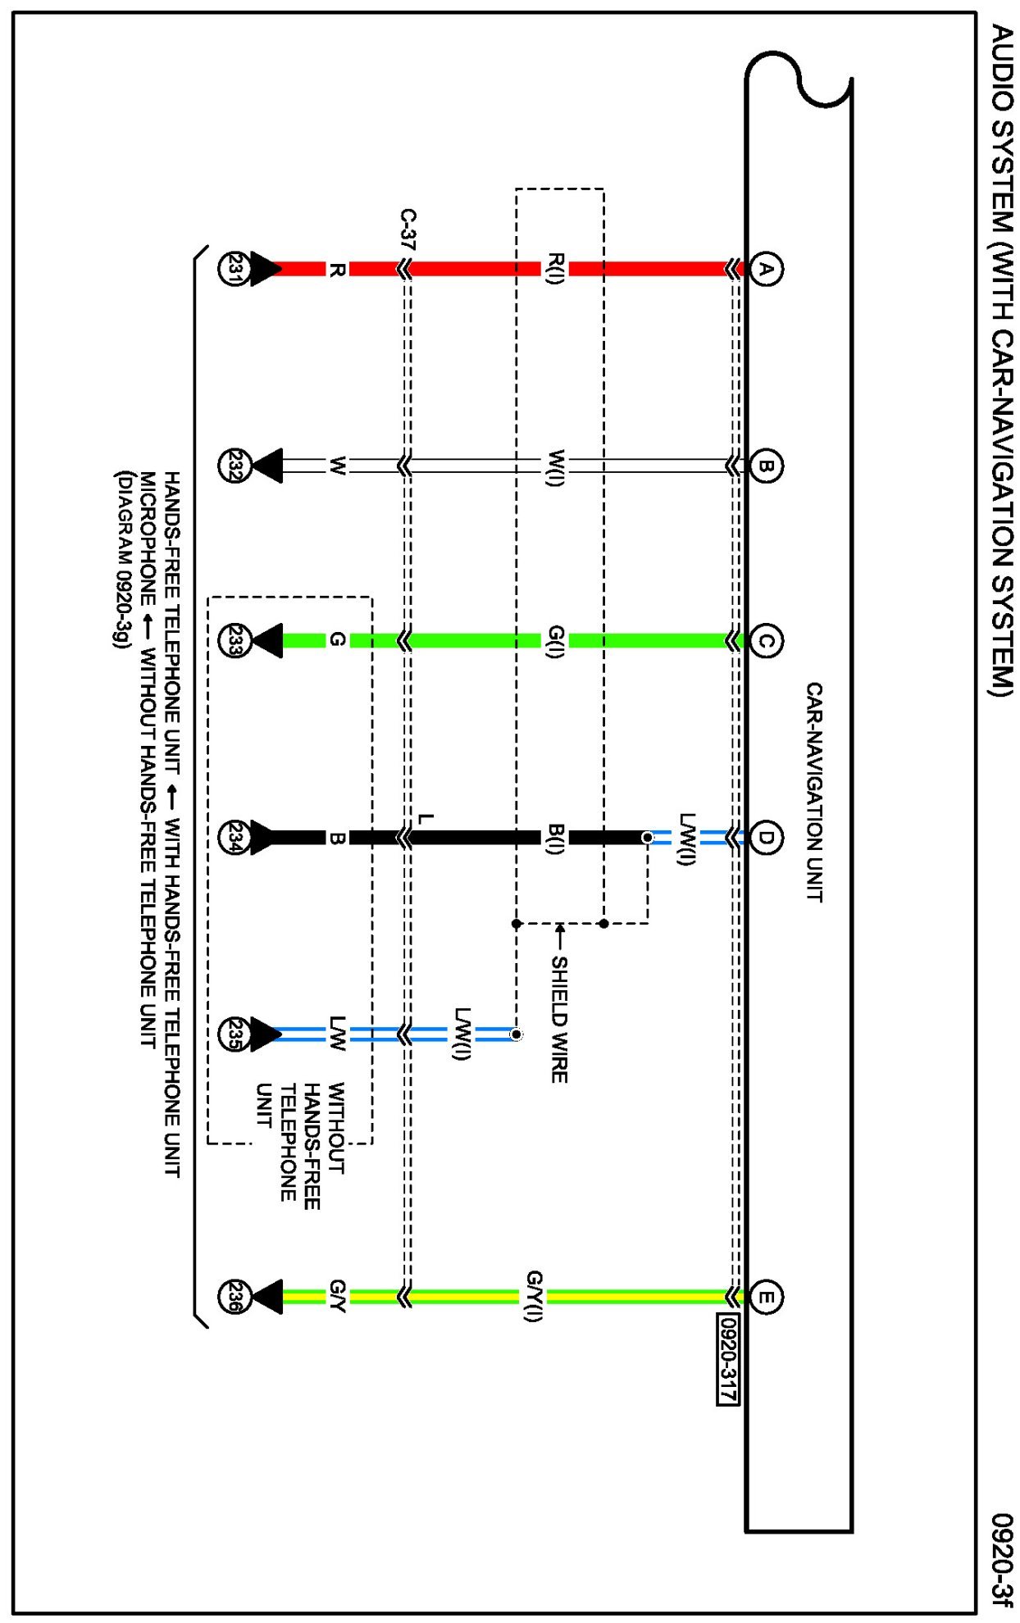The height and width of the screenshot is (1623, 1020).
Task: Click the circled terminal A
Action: coord(765,269)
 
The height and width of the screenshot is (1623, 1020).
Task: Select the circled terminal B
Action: coord(765,466)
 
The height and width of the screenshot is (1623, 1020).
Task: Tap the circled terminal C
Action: coord(765,641)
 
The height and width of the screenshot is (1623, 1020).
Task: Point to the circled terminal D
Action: coord(765,838)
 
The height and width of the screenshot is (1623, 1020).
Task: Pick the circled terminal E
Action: coord(765,1297)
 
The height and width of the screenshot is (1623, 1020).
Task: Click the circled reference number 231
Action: coord(234,269)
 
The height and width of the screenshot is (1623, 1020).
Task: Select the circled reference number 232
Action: coord(234,466)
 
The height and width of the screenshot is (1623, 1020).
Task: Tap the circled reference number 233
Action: coord(234,641)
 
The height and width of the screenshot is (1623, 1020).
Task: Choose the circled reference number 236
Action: coord(234,1297)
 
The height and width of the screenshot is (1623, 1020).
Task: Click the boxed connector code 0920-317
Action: coord(728,1358)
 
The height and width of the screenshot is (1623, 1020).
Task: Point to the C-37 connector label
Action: coord(408,230)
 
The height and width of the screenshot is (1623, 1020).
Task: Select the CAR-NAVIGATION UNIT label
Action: coord(813,792)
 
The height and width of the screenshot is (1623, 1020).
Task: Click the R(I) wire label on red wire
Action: coord(555,269)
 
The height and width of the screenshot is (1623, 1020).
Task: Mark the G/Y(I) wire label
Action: coord(533,1296)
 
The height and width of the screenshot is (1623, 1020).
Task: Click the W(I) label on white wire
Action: coord(555,466)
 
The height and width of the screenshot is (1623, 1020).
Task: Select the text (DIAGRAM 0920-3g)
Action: coord(122,560)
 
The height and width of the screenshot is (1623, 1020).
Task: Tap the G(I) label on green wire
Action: coord(555,641)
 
